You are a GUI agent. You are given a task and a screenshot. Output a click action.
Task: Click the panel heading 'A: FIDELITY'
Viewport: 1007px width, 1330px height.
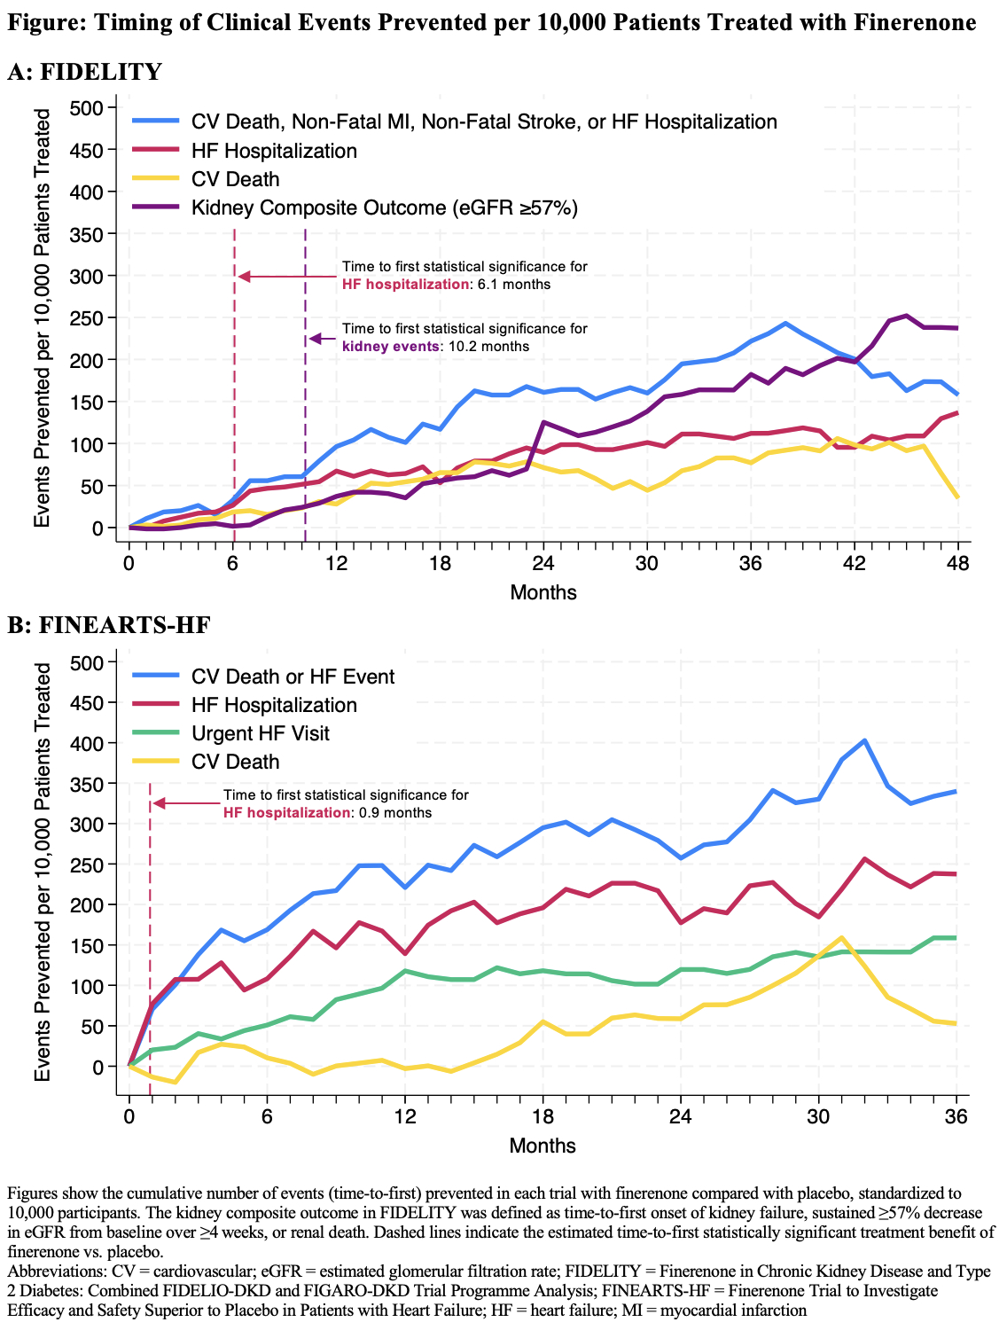click(x=84, y=72)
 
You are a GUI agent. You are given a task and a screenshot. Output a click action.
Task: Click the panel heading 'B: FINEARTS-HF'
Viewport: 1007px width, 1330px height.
click(x=109, y=625)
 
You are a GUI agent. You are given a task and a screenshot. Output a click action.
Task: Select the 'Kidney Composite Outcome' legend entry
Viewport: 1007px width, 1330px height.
click(x=384, y=207)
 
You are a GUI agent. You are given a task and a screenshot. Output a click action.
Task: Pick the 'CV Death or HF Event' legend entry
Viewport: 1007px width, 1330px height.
click(x=293, y=677)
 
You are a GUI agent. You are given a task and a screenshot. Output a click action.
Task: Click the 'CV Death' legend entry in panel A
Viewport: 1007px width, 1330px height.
click(x=235, y=179)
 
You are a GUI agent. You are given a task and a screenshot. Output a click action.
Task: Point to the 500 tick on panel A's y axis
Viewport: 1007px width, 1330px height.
click(x=92, y=108)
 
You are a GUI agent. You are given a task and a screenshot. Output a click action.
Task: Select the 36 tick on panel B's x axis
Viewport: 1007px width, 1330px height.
click(x=956, y=1117)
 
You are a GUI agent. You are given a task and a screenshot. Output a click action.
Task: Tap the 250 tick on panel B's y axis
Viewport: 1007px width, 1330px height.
click(x=92, y=864)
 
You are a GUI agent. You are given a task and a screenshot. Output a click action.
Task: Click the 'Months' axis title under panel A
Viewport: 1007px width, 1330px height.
click(x=543, y=592)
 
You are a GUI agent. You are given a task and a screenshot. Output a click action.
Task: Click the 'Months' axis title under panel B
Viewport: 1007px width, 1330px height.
click(x=543, y=1146)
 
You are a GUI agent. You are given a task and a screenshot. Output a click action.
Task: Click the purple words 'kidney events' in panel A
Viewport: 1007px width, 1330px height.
click(x=391, y=346)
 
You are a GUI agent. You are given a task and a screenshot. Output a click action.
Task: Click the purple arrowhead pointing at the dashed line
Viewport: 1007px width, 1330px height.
click(x=313, y=338)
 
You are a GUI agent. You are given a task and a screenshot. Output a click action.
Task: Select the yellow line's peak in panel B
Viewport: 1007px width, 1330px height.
click(x=841, y=937)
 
